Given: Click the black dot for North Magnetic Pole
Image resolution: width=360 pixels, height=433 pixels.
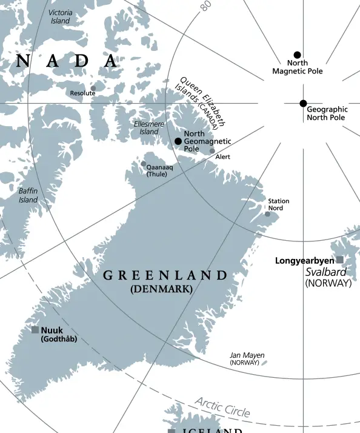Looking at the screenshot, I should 297,55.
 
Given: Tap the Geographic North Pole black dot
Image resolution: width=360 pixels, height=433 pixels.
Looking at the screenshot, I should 303,103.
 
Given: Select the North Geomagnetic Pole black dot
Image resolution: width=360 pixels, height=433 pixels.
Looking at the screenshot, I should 178,141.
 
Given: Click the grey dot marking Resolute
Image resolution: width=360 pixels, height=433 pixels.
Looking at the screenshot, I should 93,88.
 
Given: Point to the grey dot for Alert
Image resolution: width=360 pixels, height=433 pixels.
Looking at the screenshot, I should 212,151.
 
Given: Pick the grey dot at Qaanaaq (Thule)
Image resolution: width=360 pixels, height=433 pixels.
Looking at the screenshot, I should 144,164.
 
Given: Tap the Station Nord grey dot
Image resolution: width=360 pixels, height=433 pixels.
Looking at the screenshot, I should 267,214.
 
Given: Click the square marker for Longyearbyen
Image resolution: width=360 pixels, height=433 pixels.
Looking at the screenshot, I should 340,260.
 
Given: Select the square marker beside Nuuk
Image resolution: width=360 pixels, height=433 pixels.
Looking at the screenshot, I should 35,330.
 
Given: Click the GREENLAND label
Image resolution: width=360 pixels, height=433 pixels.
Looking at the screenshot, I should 165,276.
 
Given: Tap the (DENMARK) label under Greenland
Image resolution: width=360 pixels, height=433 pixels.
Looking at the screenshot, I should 161,290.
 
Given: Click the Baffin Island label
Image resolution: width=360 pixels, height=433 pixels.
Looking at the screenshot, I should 28,195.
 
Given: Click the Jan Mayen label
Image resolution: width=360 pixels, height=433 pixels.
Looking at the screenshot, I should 247,355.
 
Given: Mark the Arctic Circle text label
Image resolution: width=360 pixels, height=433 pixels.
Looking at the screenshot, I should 222,407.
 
